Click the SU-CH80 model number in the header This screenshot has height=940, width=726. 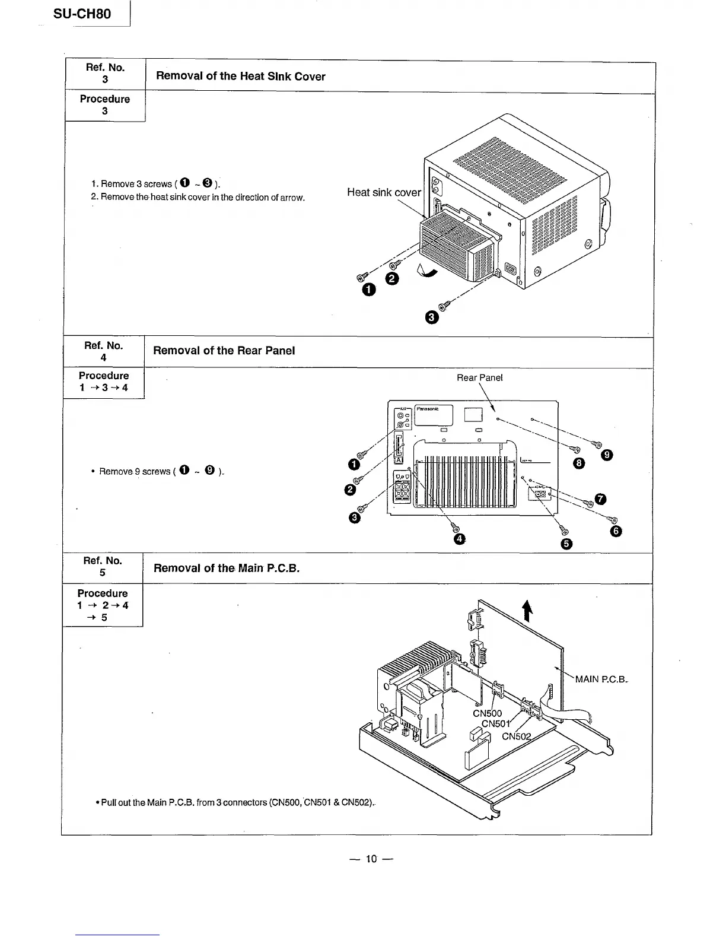click(82, 14)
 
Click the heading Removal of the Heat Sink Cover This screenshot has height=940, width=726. click(240, 77)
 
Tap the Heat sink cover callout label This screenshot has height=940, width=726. click(384, 192)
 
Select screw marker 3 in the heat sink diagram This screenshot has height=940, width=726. click(432, 318)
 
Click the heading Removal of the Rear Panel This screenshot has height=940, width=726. click(224, 351)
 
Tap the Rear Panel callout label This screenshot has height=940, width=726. click(479, 378)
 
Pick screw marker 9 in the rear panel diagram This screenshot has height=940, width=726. click(606, 455)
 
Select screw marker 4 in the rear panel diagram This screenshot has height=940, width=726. click(458, 539)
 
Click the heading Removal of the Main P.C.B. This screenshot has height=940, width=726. click(226, 569)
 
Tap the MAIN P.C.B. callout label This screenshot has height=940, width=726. click(601, 679)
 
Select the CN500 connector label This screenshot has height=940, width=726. click(487, 713)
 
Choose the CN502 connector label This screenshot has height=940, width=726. click(516, 737)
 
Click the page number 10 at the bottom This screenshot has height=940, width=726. click(371, 859)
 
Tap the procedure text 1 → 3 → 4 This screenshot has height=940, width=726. click(103, 388)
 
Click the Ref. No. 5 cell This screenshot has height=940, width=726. click(102, 567)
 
